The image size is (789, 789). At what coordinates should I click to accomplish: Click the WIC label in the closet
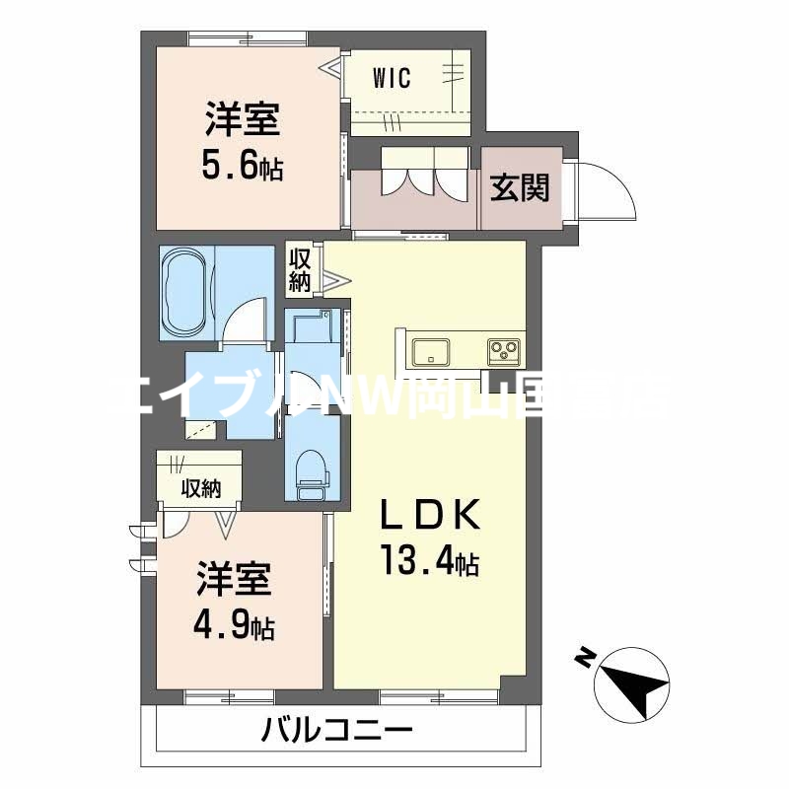click(x=392, y=78)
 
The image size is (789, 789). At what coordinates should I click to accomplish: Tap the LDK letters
click(x=431, y=515)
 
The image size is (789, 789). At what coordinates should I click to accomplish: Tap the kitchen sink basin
click(x=431, y=350)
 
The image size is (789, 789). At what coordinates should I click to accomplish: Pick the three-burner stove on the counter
click(x=503, y=350)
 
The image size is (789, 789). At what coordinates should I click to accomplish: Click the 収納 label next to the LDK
click(x=300, y=269)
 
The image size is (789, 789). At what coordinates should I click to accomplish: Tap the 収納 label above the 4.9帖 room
click(x=199, y=487)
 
